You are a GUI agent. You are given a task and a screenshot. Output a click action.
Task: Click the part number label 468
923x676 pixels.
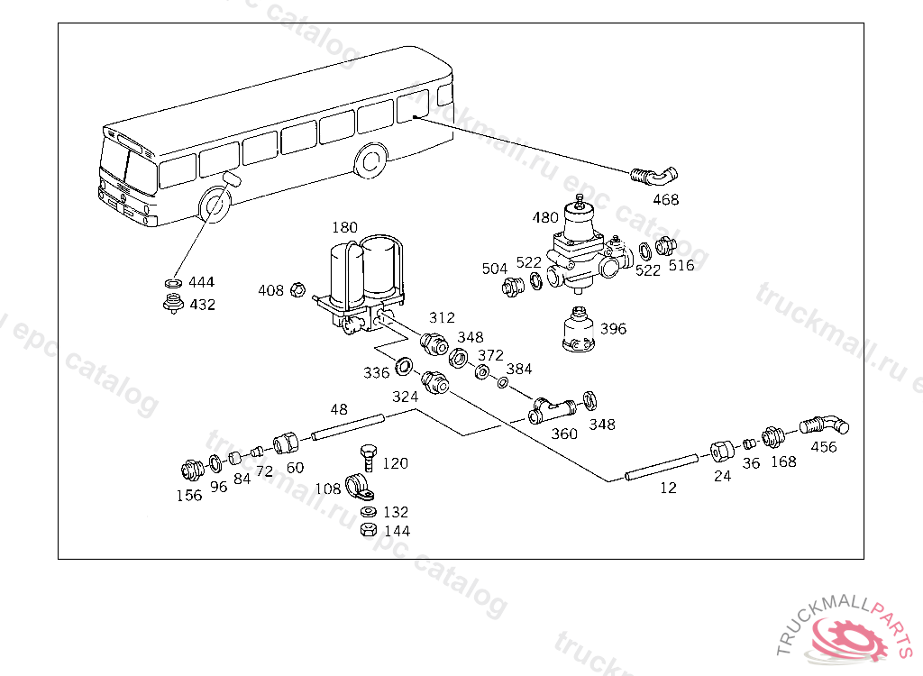666,199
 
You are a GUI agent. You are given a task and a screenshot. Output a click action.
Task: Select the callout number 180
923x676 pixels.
345,226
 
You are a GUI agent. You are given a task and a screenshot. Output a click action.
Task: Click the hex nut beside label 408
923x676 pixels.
297,290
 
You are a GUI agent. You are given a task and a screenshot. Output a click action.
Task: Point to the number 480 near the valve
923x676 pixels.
545,217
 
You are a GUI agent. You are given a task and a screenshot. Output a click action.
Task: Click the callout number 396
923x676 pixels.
613,329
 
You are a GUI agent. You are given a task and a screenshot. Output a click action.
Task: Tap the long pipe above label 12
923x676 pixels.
658,466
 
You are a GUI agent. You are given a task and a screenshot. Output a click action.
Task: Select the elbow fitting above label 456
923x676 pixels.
821,423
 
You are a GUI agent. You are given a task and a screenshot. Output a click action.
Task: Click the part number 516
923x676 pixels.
681,265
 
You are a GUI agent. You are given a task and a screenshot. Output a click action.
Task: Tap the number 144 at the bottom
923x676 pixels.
397,531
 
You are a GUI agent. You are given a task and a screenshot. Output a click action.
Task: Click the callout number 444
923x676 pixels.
202,282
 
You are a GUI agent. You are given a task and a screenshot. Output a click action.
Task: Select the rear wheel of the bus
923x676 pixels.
370,162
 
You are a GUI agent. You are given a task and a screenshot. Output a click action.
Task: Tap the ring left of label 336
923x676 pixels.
406,366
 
